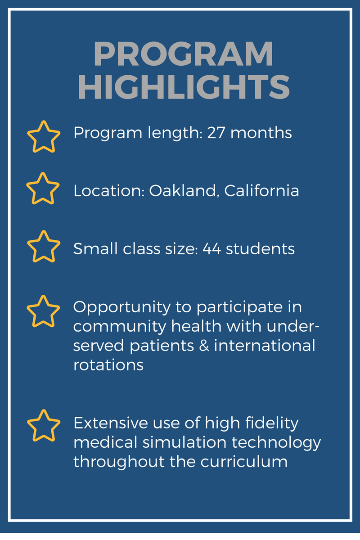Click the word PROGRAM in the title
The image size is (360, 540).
[183, 55]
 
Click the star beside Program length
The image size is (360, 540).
[44, 136]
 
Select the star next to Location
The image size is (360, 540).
[43, 189]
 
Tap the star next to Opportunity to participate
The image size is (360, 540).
[44, 311]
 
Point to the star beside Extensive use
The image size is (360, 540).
[44, 425]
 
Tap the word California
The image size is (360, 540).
[261, 191]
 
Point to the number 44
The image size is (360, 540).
[211, 249]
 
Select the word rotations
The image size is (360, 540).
[108, 365]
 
